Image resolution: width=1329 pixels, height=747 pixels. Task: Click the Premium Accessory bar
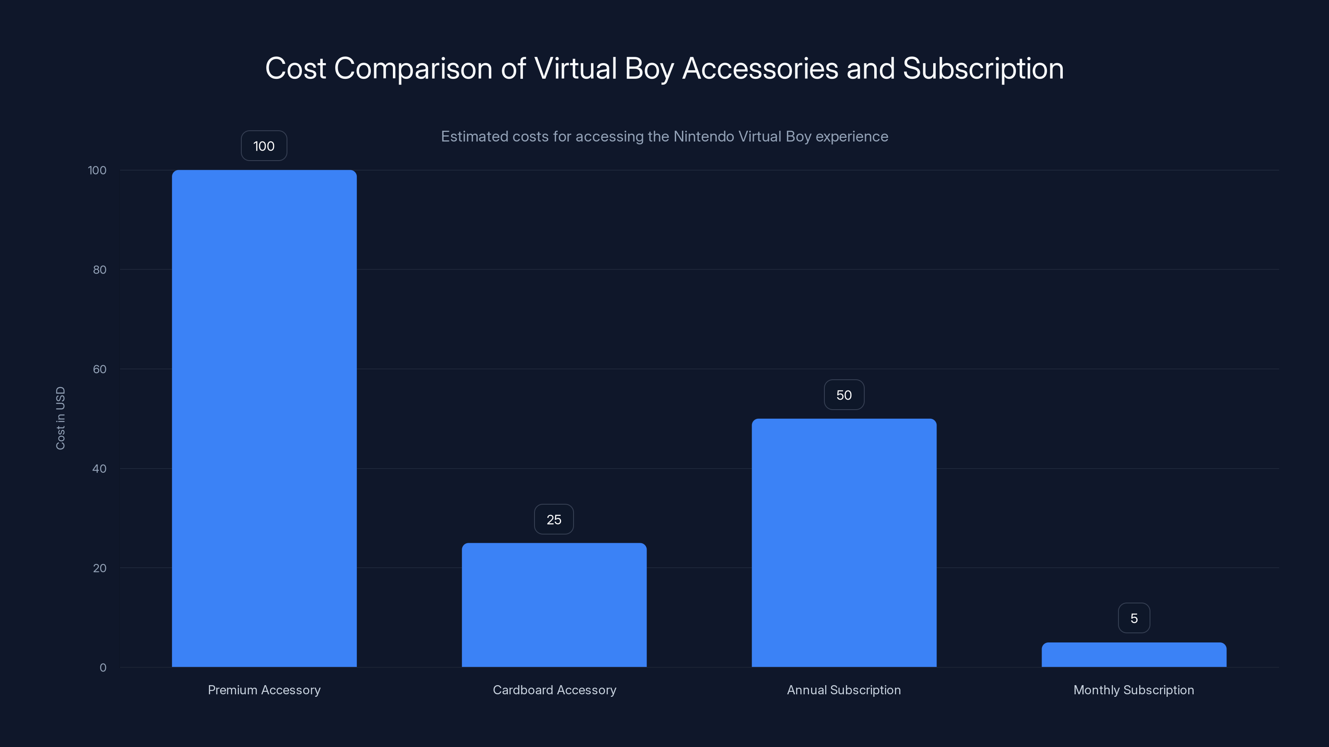264,417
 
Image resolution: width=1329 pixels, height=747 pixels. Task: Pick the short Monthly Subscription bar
1134,655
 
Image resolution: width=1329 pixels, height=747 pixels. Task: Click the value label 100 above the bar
264,146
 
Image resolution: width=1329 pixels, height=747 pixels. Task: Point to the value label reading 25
554,519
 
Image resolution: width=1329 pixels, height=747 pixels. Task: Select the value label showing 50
843,395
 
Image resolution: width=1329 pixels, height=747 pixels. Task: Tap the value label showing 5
1134,618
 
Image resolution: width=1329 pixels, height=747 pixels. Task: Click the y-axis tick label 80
100,270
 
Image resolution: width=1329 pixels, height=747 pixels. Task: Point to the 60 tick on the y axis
100,369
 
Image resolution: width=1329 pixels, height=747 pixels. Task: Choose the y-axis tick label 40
100,469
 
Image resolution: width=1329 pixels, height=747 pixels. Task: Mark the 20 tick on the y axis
100,568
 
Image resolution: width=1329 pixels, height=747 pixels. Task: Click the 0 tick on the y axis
103,668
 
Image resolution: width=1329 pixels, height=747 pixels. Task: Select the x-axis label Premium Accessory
264,690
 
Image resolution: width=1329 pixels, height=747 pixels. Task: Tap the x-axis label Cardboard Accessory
554,690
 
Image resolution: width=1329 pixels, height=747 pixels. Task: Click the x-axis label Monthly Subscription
1133,690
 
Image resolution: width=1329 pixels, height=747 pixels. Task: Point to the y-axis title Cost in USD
60,418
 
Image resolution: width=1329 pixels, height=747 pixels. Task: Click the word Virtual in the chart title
575,68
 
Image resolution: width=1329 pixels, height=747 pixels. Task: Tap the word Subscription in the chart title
983,68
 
